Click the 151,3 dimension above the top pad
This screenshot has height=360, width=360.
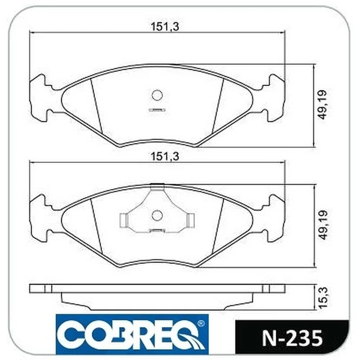[x=165, y=27]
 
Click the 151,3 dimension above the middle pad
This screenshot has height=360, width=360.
[x=165, y=157]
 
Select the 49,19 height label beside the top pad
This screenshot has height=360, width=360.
[x=322, y=105]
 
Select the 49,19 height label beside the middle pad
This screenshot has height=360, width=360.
[x=322, y=225]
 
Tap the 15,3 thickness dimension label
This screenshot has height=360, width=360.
[x=322, y=298]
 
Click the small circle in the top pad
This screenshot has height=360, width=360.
[x=157, y=95]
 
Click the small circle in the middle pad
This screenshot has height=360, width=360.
[x=157, y=215]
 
